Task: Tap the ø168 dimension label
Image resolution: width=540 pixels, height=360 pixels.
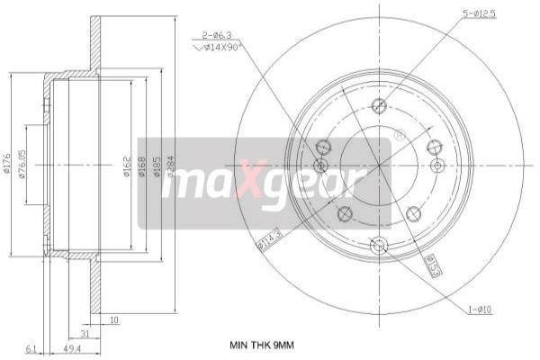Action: click(141, 166)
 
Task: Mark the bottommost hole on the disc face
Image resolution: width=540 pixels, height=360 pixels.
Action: click(378, 243)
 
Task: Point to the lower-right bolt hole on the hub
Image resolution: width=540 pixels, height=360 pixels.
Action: click(413, 213)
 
